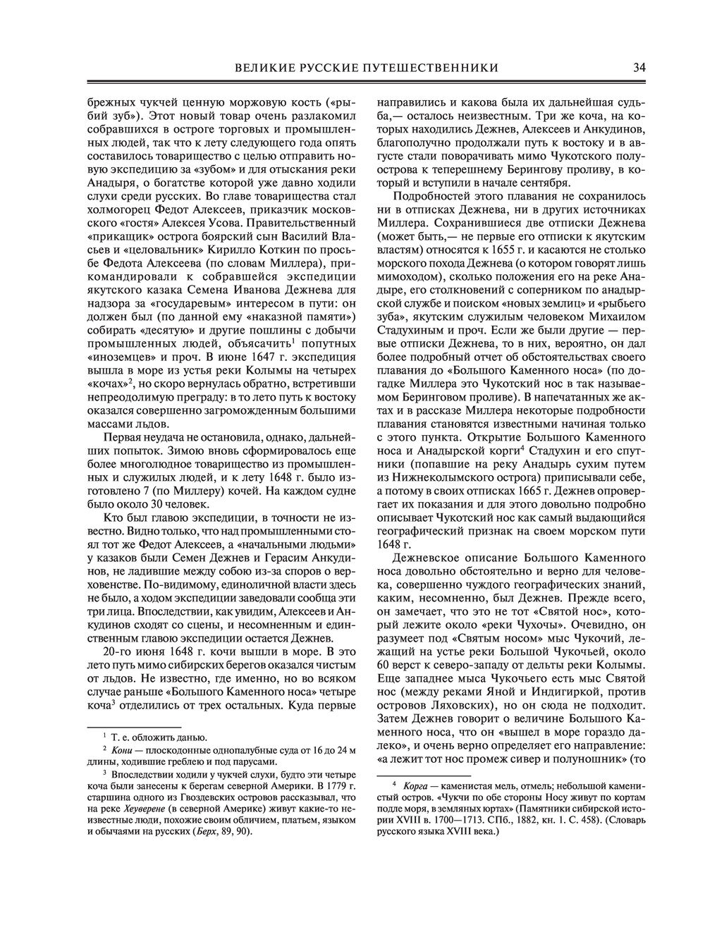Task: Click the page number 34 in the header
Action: (639, 68)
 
